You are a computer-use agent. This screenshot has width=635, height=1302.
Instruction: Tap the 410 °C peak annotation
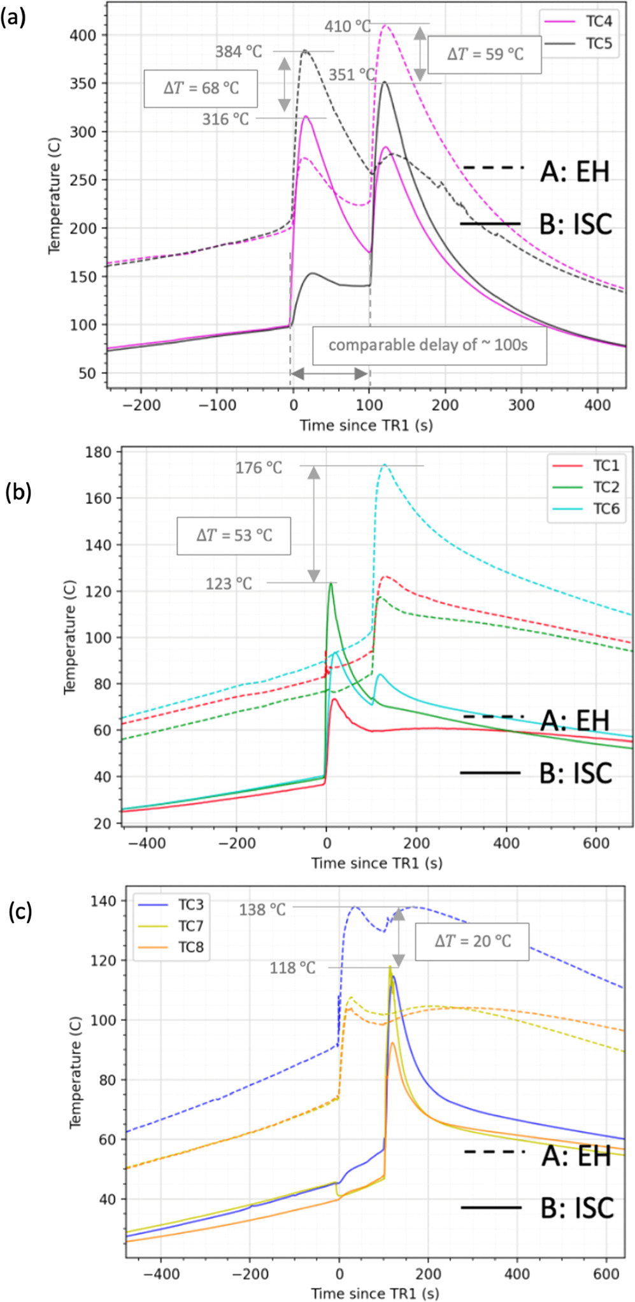click(347, 26)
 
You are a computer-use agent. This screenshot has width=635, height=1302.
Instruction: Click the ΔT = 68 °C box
click(201, 89)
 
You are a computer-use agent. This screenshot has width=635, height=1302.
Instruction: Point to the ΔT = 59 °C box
click(485, 55)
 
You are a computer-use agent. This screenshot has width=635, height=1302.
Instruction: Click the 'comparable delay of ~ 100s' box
click(429, 345)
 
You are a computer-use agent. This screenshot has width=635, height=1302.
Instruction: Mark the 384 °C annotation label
click(238, 52)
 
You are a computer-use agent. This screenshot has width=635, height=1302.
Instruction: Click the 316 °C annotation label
click(225, 119)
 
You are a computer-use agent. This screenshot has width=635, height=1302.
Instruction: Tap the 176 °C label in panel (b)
click(259, 468)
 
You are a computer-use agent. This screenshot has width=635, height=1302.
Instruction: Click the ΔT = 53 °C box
click(234, 536)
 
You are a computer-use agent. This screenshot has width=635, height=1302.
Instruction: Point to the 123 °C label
click(229, 583)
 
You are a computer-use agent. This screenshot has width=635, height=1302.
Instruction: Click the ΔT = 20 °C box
click(473, 941)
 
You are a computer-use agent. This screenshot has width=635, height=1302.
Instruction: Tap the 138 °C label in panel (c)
click(262, 910)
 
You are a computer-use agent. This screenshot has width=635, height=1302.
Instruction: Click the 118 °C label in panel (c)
click(292, 968)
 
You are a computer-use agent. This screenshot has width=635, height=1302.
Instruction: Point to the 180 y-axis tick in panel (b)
click(98, 452)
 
